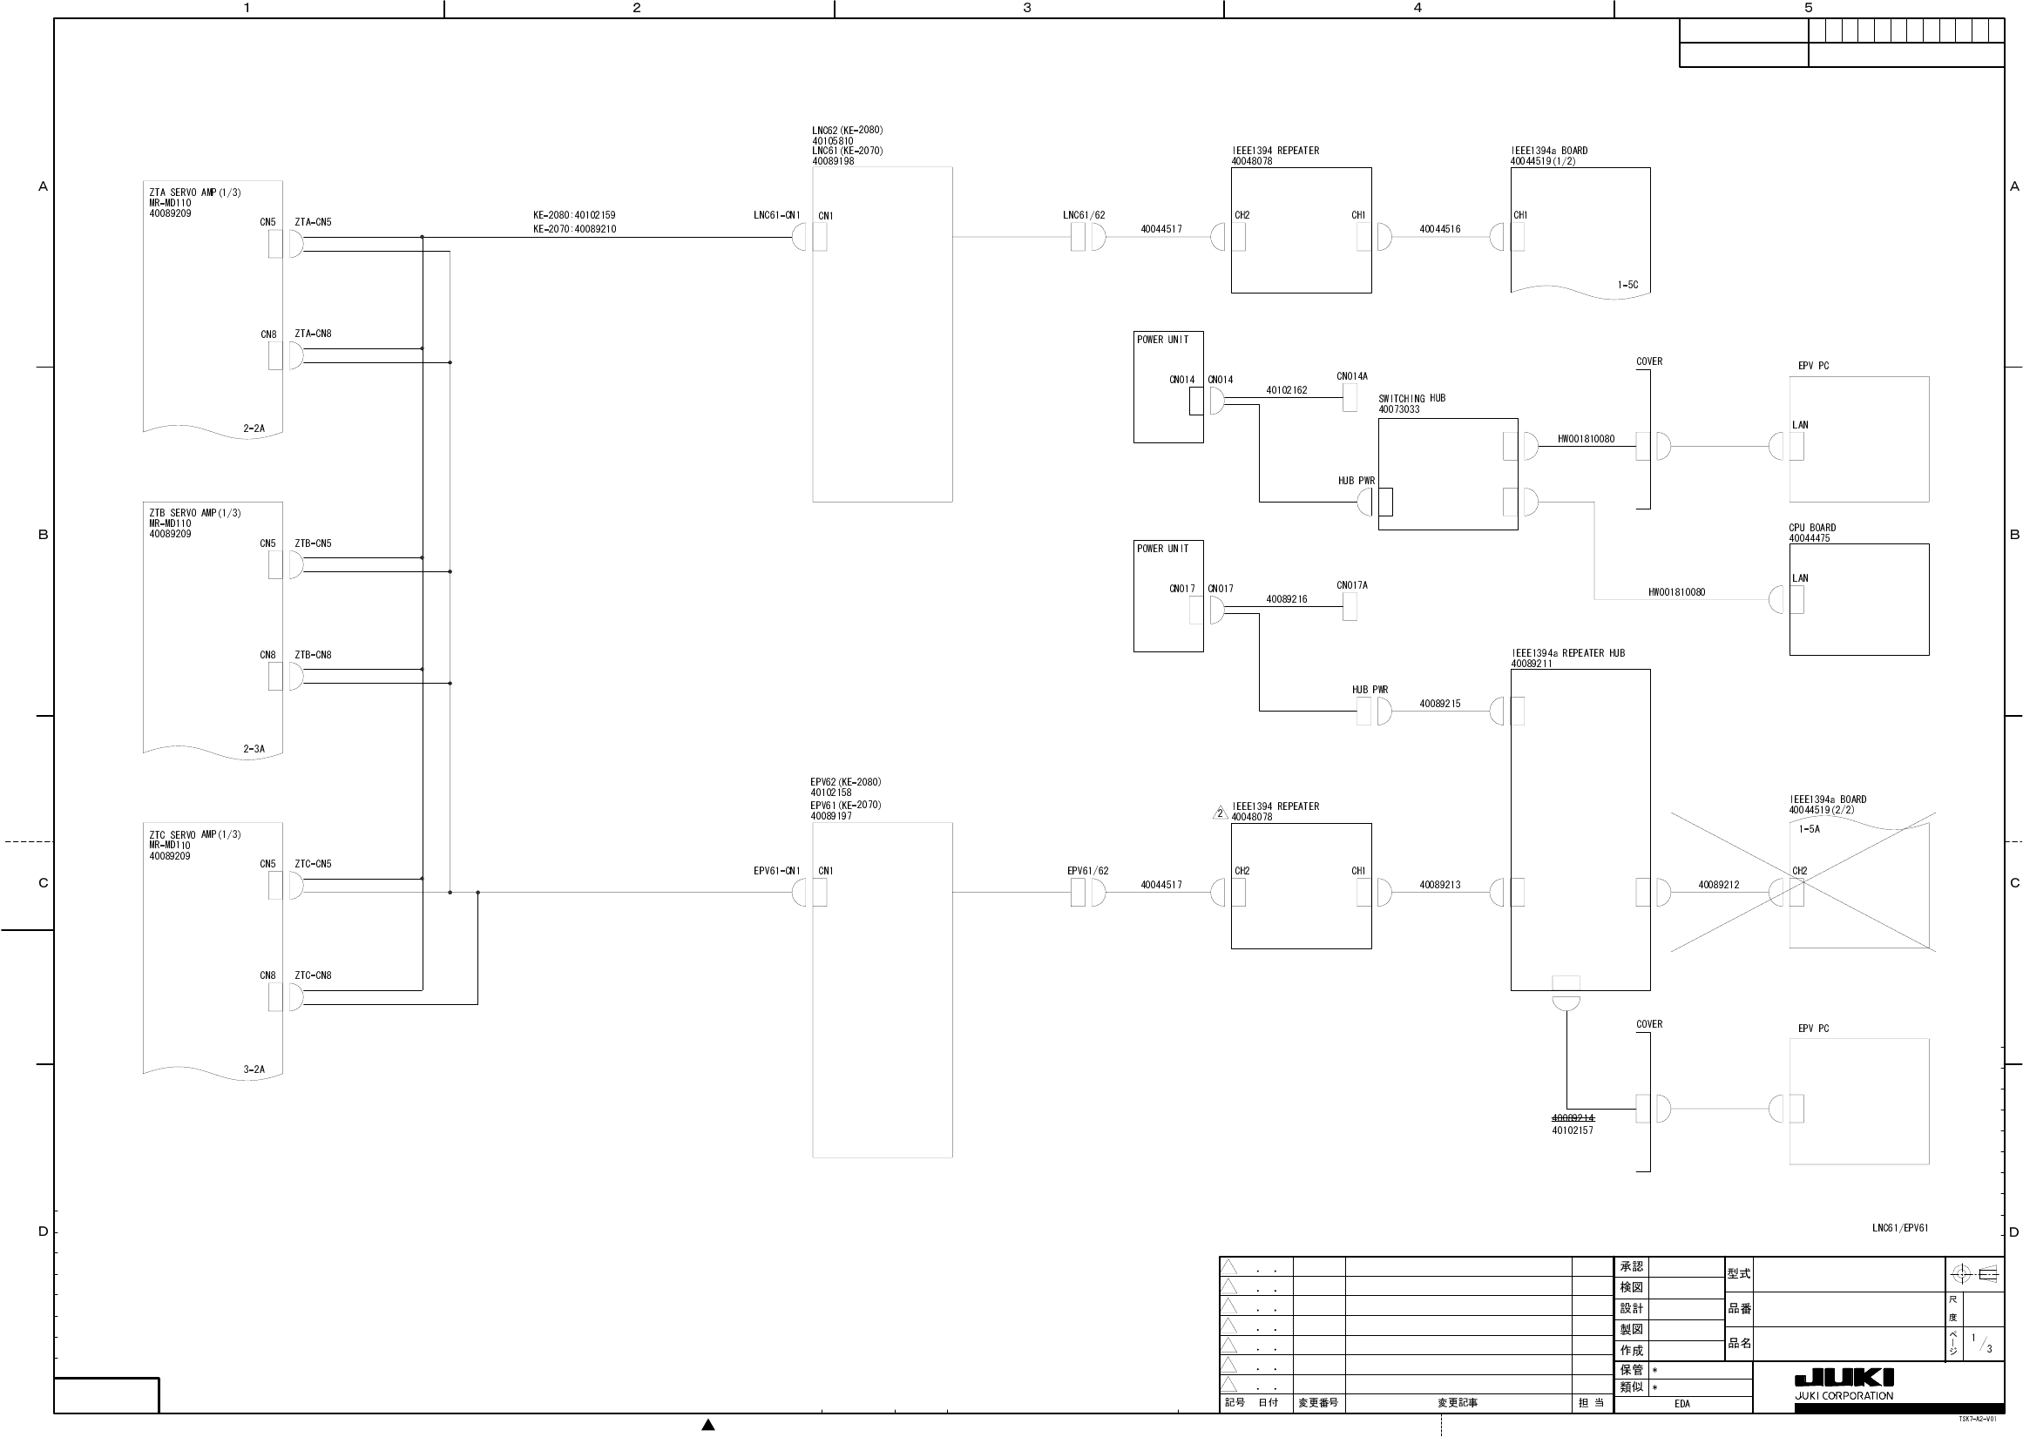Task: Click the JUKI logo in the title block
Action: tap(1844, 1379)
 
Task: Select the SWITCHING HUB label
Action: tap(1411, 398)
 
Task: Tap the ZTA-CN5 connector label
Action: tap(314, 222)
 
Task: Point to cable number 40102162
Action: tap(1286, 390)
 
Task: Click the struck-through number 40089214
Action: tap(1572, 1118)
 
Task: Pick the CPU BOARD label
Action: tap(1811, 528)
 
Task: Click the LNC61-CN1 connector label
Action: tap(776, 215)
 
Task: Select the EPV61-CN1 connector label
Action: tap(776, 871)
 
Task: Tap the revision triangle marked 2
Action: tap(1220, 813)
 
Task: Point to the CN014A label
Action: tap(1351, 376)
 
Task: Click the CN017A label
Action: tap(1351, 585)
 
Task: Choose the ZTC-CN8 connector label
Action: tap(314, 975)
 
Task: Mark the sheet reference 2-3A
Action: tap(254, 749)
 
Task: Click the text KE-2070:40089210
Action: tap(574, 229)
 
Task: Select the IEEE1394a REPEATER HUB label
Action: tap(1567, 653)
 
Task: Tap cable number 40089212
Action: tap(1718, 885)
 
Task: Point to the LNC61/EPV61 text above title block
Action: tap(1900, 1228)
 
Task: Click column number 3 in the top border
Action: tap(1026, 8)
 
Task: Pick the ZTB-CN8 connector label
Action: tap(314, 655)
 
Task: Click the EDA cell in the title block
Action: tap(1681, 1403)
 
